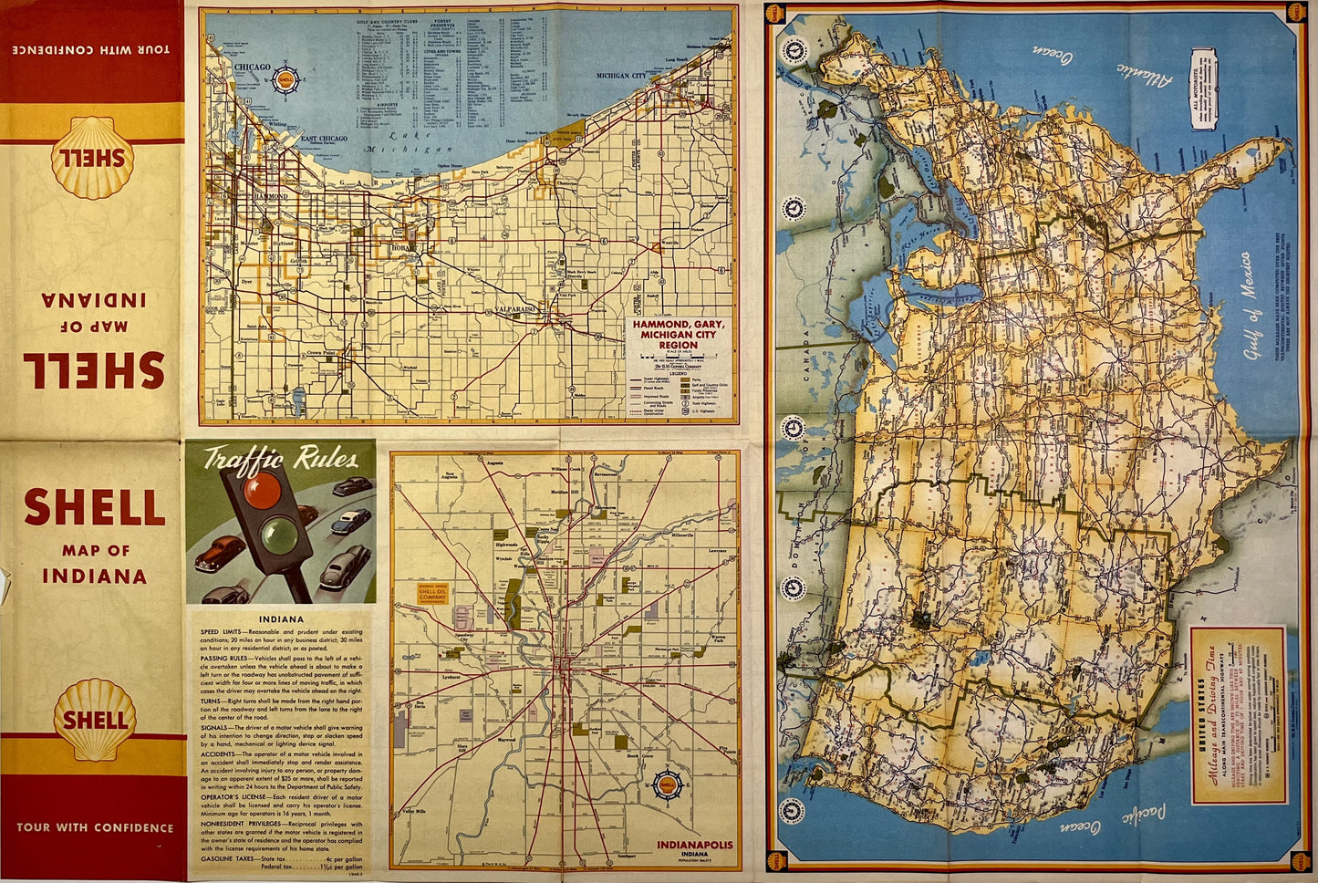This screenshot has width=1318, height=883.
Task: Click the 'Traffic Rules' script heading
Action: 280,459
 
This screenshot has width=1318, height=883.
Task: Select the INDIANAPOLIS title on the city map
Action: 694,845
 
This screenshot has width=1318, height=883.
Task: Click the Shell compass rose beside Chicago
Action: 286,79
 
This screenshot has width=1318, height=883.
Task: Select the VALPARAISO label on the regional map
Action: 520,310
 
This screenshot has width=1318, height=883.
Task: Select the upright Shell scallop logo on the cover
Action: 94,719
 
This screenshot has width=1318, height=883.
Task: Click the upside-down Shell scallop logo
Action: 93,158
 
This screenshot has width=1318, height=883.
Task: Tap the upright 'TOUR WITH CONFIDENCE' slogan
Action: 94,828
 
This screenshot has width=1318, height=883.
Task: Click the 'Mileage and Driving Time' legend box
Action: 1238,715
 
